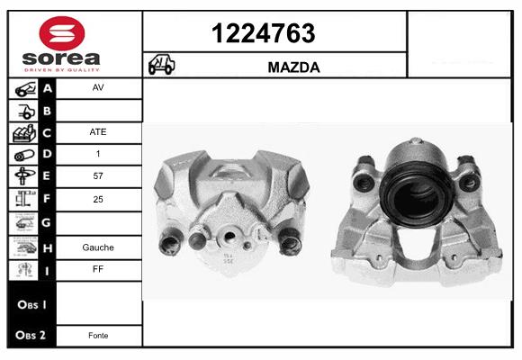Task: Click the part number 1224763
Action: [x=264, y=33]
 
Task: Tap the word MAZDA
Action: [x=293, y=67]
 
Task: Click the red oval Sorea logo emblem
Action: [x=62, y=33]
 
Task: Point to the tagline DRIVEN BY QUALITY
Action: [x=62, y=70]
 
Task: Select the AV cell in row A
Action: [x=98, y=87]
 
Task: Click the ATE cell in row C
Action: [x=98, y=132]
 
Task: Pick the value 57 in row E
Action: [x=98, y=175]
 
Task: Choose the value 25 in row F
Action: [x=98, y=199]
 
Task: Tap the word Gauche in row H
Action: [x=98, y=247]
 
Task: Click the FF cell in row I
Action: [x=98, y=269]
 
